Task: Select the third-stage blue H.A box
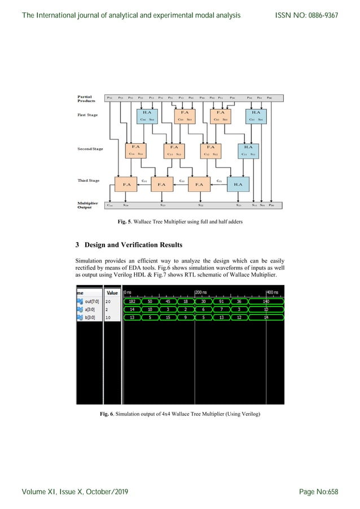[238, 184]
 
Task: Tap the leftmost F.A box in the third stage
[126, 184]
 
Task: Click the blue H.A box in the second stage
[248, 150]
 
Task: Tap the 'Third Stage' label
[89, 181]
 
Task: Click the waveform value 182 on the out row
[132, 301]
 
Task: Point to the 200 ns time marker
[202, 292]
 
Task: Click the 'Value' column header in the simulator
[112, 293]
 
